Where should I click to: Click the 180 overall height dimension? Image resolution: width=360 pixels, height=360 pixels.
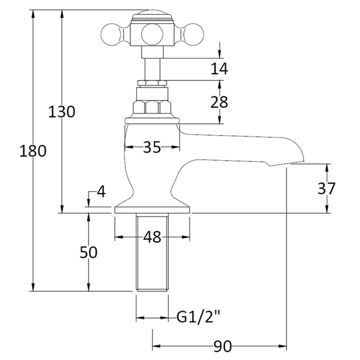click(33, 152)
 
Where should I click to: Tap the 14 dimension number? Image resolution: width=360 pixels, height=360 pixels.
click(219, 69)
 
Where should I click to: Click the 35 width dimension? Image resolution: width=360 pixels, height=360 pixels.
click(152, 147)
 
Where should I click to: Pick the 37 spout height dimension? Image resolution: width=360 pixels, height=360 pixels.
click(326, 188)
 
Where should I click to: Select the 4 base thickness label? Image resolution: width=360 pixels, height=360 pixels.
click(100, 192)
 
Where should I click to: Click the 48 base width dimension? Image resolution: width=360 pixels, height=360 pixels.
click(152, 237)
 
